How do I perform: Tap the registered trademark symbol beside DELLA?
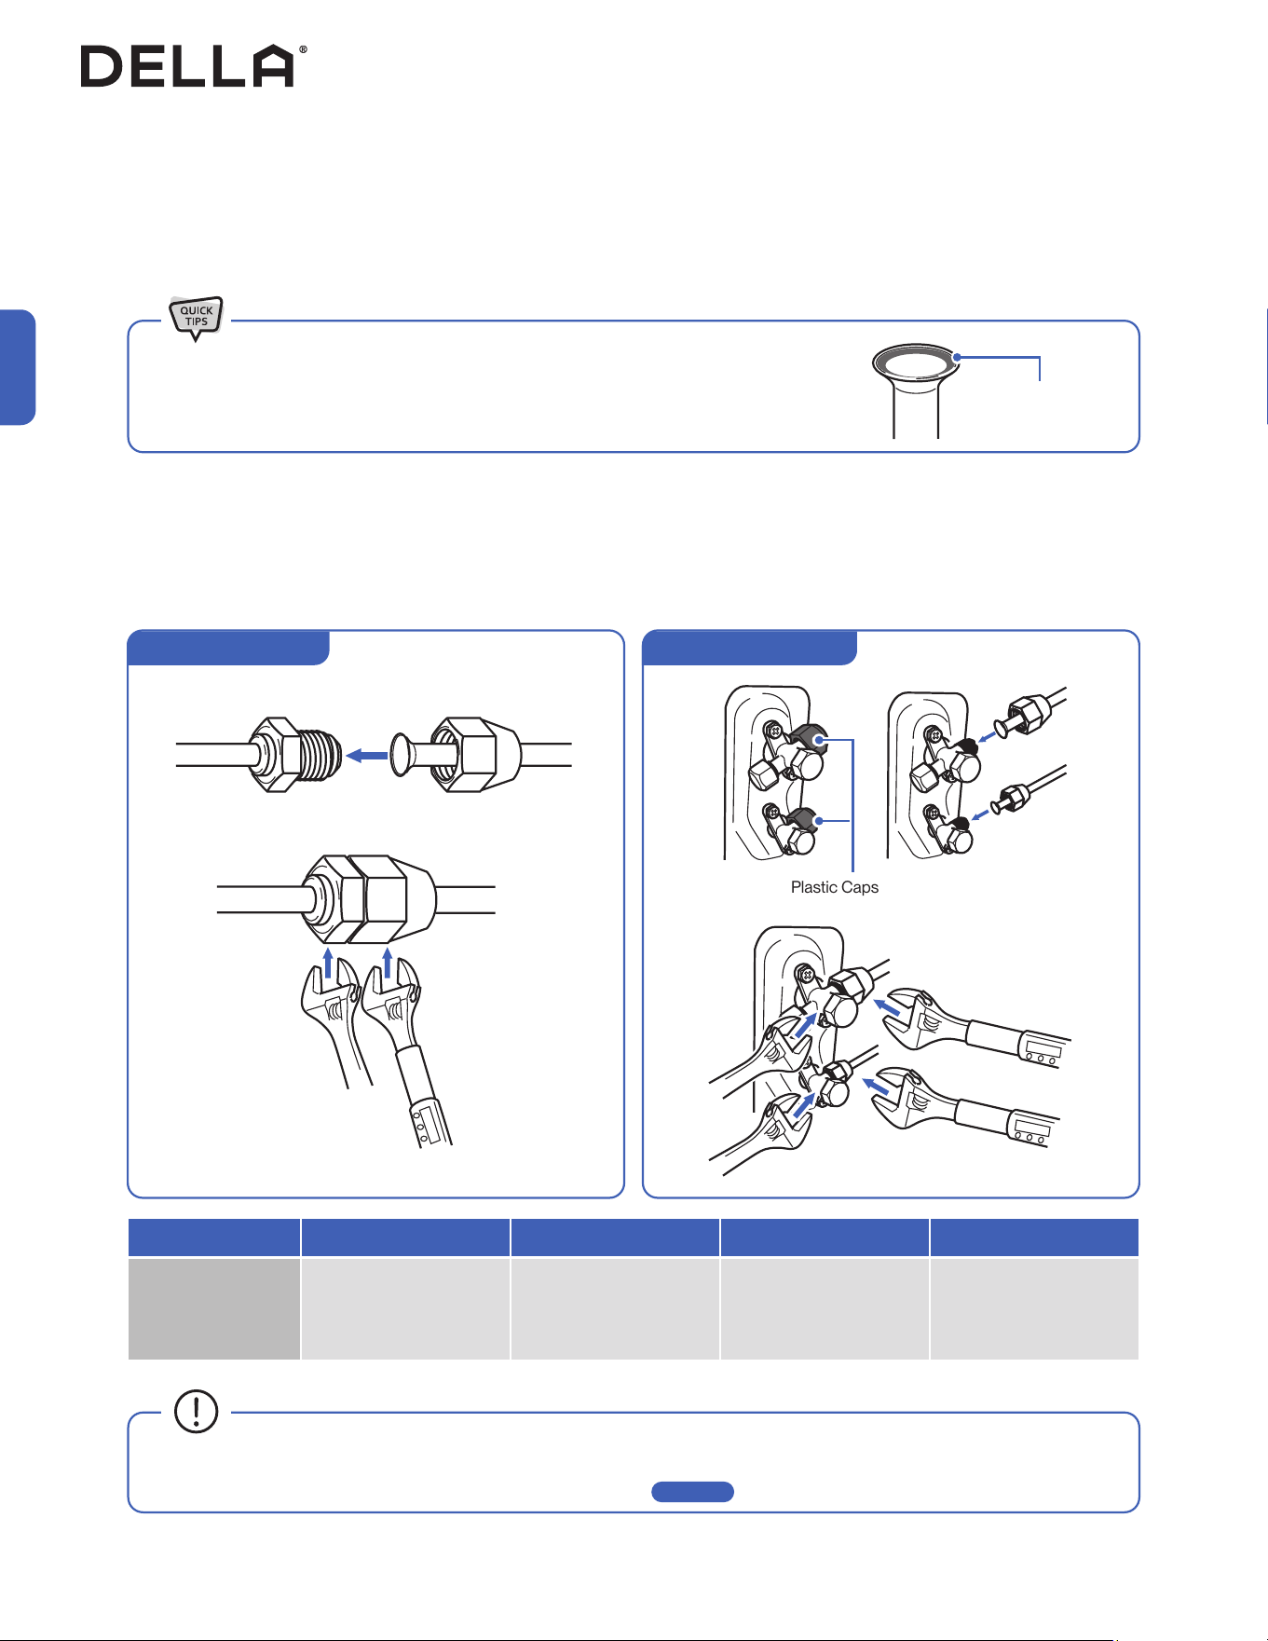coord(302,49)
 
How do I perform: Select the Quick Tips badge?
coord(196,317)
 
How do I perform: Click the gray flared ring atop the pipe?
coord(916,361)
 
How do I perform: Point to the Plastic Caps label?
coord(835,887)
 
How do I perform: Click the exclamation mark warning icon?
coord(196,1411)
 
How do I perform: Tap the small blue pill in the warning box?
coord(692,1492)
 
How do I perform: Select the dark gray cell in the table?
coord(214,1308)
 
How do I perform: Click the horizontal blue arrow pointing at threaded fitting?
coord(366,756)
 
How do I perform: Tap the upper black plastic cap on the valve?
coord(807,738)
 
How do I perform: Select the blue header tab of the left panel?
coord(228,648)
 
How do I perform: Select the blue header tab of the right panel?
coord(750,648)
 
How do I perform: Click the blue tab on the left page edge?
coord(17,367)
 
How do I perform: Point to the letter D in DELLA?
coord(102,67)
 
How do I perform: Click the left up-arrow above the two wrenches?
coord(327,963)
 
